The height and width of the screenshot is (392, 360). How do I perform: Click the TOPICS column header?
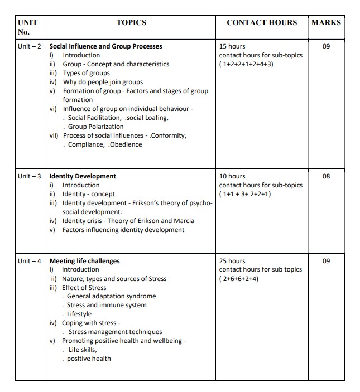pyautogui.click(x=131, y=22)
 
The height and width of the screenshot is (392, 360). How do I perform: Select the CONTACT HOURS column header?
pyautogui.click(x=262, y=22)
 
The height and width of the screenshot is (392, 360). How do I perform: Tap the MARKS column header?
pyautogui.click(x=326, y=22)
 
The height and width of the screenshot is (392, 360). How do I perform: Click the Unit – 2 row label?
pyautogui.click(x=30, y=46)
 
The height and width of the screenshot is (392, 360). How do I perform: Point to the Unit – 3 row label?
pyautogui.click(x=30, y=176)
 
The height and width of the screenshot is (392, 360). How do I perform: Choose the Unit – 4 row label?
pyautogui.click(x=30, y=261)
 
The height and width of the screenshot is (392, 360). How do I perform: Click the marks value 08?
pyautogui.click(x=327, y=176)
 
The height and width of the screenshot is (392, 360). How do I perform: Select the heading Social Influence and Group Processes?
pyautogui.click(x=106, y=46)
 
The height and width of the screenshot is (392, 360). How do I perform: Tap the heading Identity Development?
pyautogui.click(x=83, y=176)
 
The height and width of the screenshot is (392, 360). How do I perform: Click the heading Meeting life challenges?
pyautogui.click(x=84, y=261)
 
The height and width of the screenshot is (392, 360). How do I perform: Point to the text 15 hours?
pyautogui.click(x=232, y=46)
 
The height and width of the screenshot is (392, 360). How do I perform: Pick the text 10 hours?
pyautogui.click(x=232, y=176)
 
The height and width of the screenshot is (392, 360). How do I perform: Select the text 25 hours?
pyautogui.click(x=232, y=261)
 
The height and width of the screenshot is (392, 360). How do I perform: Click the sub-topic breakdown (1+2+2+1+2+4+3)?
pyautogui.click(x=246, y=64)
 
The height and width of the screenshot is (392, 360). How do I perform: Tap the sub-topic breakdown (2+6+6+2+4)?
pyautogui.click(x=239, y=279)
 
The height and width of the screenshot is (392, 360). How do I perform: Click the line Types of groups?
pyautogui.click(x=87, y=73)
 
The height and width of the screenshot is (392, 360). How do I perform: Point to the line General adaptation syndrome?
pyautogui.click(x=111, y=297)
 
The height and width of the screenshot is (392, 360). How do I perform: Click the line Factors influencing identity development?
pyautogui.click(x=123, y=230)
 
